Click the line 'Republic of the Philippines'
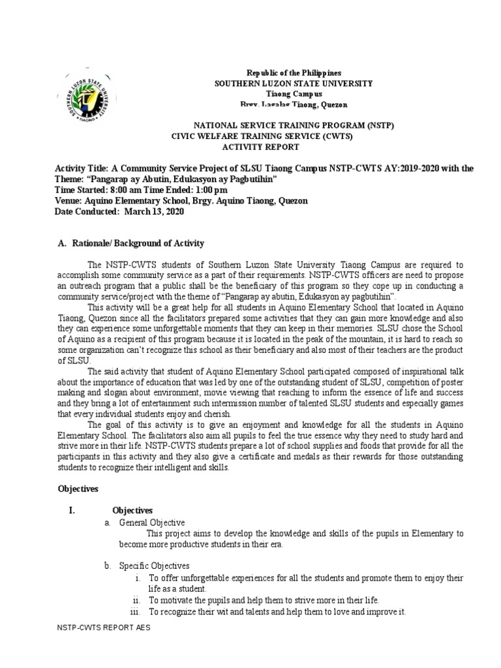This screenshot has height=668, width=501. [293, 73]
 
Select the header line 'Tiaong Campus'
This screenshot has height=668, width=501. [294, 94]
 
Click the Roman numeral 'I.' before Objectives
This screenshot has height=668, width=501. [73, 510]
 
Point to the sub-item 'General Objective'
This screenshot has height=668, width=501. [152, 523]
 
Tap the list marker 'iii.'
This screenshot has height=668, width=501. [136, 612]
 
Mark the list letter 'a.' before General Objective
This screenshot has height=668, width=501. [108, 523]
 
